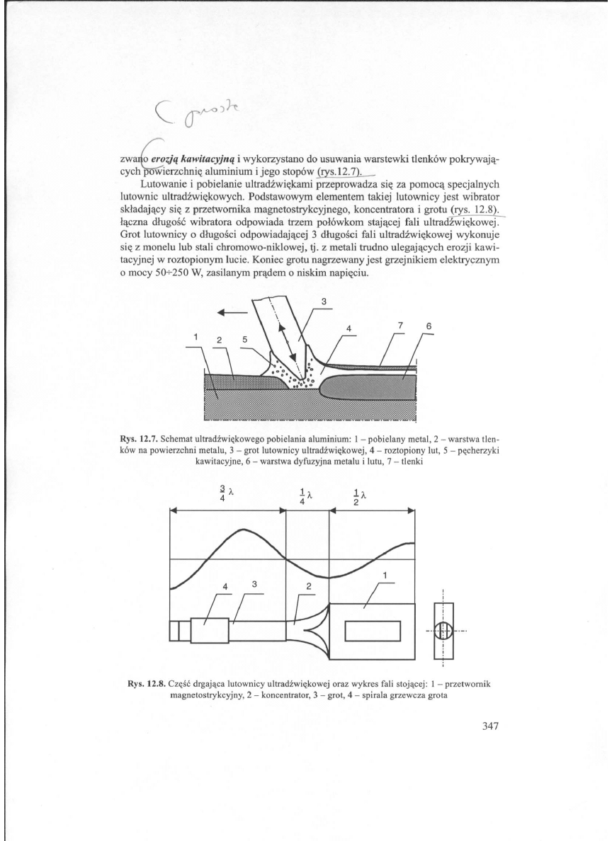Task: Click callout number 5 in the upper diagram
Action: [x=244, y=338]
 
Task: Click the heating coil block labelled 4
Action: [x=210, y=629]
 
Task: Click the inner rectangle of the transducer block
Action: [x=373, y=629]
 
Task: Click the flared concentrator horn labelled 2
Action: [x=317, y=629]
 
